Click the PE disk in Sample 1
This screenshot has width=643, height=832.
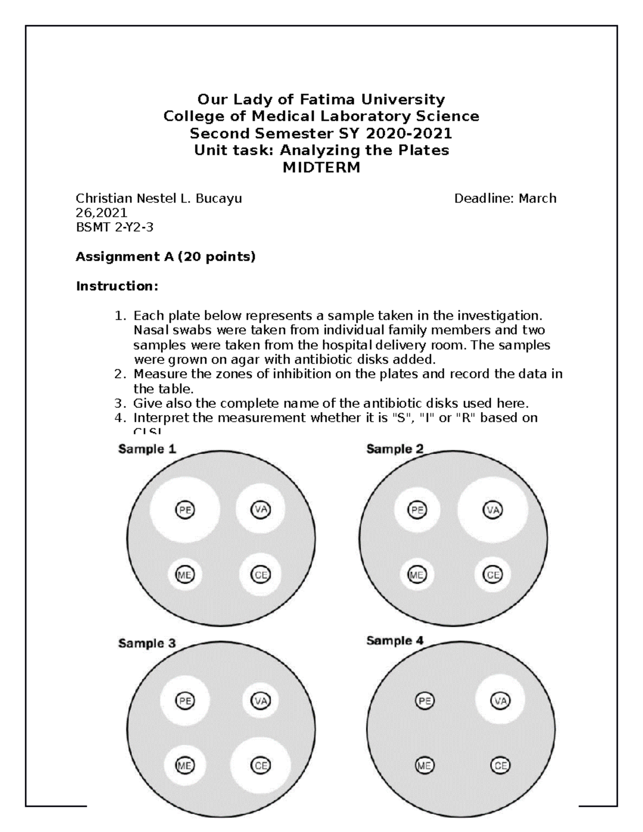[185, 510]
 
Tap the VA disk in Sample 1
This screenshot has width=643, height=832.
[260, 509]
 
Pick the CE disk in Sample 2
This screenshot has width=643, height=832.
[493, 575]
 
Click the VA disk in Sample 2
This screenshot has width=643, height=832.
[493, 509]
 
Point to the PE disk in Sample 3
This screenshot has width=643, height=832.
[185, 700]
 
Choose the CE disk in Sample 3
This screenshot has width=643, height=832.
[261, 766]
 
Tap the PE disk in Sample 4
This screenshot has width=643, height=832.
[425, 700]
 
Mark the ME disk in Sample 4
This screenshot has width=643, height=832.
[424, 766]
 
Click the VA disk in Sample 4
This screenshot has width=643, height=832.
[500, 700]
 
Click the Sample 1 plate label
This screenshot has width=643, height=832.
[147, 449]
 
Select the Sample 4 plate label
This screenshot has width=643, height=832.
[395, 640]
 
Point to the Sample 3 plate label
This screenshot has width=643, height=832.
[147, 643]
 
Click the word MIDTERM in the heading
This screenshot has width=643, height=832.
[321, 168]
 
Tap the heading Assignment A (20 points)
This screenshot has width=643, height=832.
[166, 257]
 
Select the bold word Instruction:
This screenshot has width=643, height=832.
[117, 286]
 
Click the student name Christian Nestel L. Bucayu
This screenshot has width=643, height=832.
[159, 199]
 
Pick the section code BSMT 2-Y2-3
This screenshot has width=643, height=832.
[115, 227]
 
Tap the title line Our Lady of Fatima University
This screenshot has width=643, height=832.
[321, 100]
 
